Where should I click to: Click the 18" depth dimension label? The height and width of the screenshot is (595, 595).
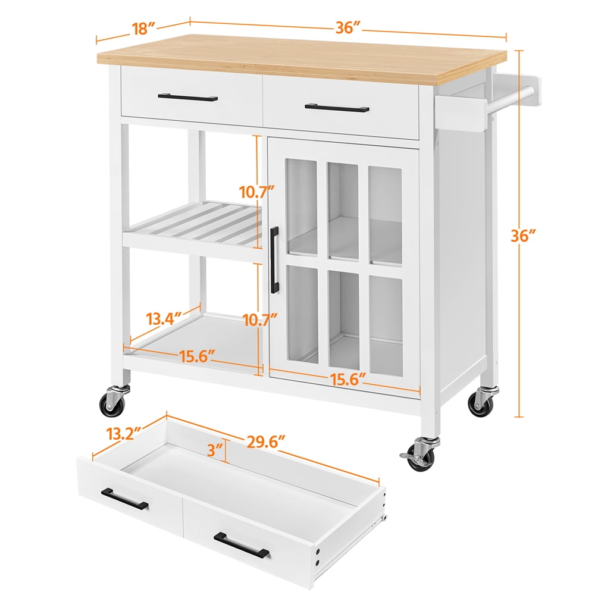[x=142, y=28]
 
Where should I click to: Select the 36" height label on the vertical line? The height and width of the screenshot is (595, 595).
[x=527, y=236]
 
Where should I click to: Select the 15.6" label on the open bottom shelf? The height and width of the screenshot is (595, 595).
[x=196, y=356]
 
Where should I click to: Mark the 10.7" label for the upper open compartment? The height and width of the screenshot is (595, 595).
[x=257, y=192]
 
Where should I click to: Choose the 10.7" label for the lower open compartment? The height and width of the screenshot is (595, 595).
[x=259, y=320]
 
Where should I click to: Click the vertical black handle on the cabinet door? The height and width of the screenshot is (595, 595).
[x=275, y=259]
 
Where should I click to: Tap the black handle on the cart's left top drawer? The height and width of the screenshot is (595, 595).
[x=187, y=97]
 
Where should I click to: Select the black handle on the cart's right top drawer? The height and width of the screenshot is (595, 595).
[x=337, y=108]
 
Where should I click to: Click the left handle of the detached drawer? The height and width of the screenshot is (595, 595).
[x=124, y=499]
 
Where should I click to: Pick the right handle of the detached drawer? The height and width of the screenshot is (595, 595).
[x=241, y=544]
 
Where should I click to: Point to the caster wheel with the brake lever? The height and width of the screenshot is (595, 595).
[x=421, y=455]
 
